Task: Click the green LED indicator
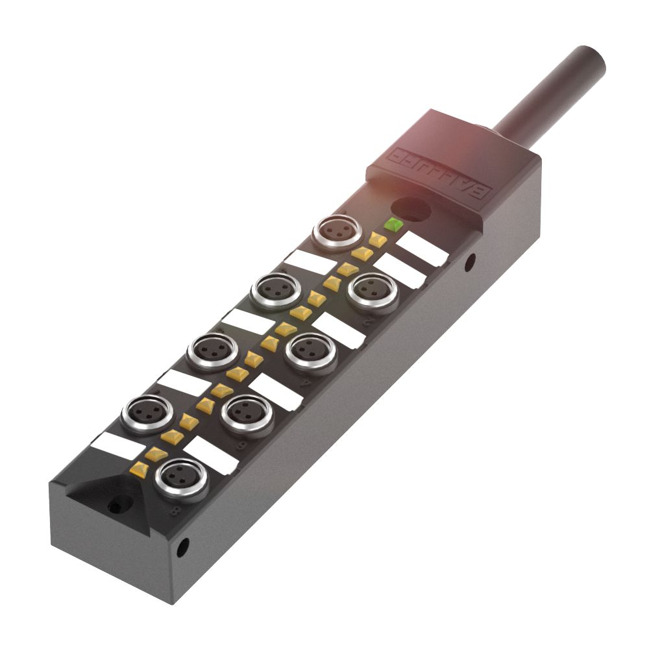click(x=393, y=225)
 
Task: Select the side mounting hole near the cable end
click(x=470, y=263)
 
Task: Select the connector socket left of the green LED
click(x=337, y=232)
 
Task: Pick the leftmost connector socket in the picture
click(x=147, y=411)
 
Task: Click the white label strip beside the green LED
click(x=422, y=249)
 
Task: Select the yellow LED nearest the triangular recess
click(x=139, y=468)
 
